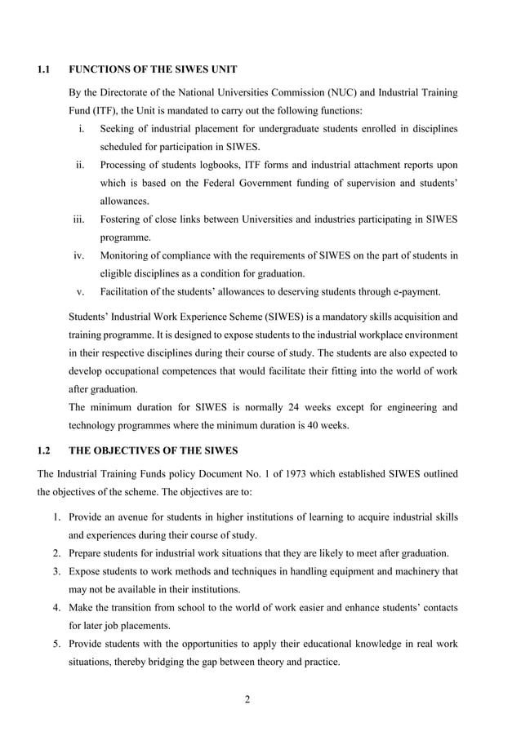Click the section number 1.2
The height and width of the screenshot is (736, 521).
click(46, 450)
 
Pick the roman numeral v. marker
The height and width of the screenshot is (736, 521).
click(82, 291)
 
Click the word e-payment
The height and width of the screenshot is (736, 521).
click(413, 291)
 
